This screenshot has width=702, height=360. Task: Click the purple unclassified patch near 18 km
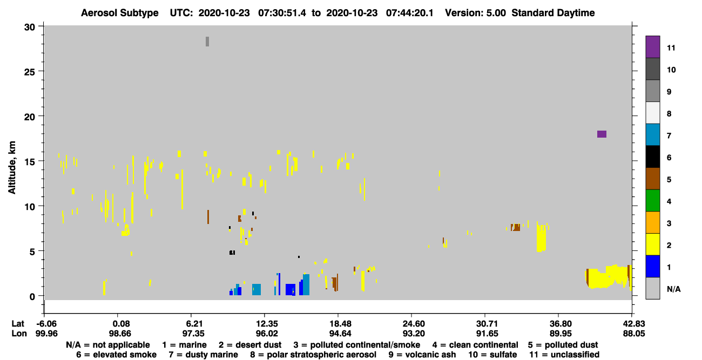click(x=602, y=134)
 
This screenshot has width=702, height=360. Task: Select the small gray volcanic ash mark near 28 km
click(x=207, y=42)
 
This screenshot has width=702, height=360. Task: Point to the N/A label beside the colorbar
click(x=673, y=289)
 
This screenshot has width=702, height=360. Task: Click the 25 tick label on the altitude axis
click(x=30, y=72)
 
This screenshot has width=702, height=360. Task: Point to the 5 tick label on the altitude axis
click(x=32, y=252)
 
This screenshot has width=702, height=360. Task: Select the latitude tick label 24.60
click(x=414, y=323)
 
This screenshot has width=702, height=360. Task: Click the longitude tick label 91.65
click(x=487, y=333)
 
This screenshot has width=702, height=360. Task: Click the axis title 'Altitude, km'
click(x=11, y=168)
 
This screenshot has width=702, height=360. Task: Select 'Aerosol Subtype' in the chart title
click(x=120, y=13)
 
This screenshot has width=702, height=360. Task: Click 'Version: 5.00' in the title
click(x=475, y=13)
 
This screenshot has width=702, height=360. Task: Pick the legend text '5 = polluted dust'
click(x=563, y=345)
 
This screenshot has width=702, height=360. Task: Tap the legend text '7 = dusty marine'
click(x=203, y=355)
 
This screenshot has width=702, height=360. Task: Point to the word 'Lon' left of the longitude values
click(x=19, y=333)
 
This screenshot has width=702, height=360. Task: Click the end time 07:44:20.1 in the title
click(x=410, y=13)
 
